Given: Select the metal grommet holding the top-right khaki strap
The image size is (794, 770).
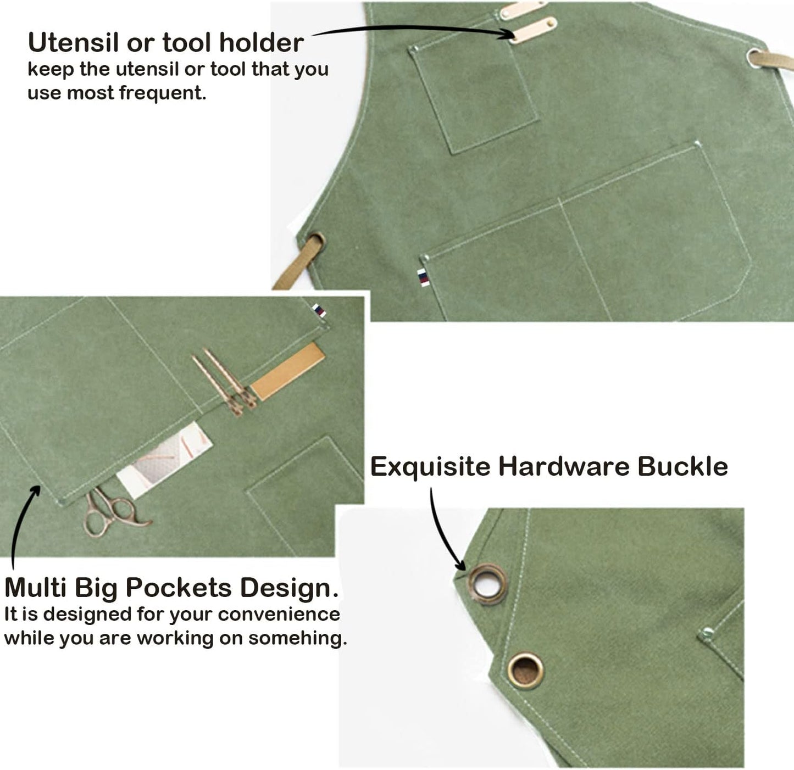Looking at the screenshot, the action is (x=755, y=58).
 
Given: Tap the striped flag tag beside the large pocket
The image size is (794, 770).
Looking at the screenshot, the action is (x=423, y=277).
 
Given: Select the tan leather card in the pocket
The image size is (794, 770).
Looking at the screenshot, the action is (x=287, y=371).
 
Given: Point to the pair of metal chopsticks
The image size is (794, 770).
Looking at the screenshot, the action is (x=224, y=382).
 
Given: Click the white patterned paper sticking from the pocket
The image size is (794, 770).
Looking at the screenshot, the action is (x=164, y=460).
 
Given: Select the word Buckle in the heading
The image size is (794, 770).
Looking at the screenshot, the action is (x=682, y=466).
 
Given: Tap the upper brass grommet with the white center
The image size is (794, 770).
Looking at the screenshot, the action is (x=487, y=584).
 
